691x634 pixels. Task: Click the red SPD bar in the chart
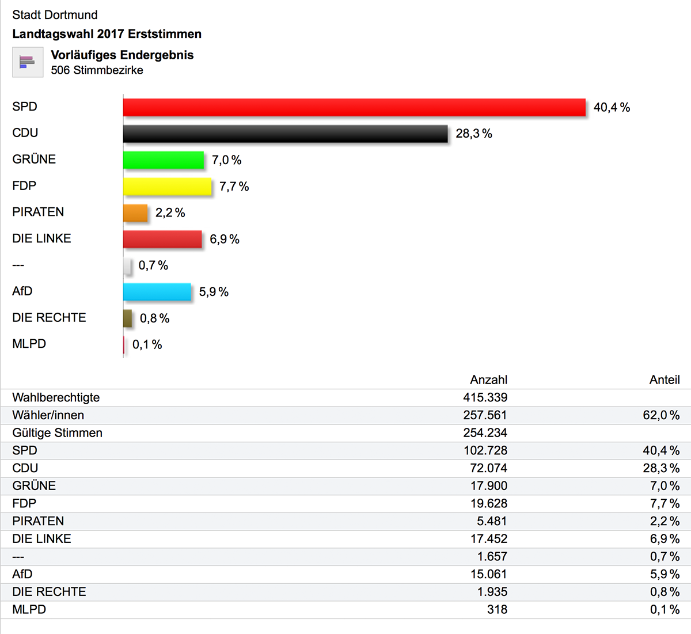click(354, 107)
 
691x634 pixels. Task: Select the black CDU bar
click(285, 134)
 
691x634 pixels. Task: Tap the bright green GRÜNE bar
click(164, 160)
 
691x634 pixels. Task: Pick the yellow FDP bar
click(167, 187)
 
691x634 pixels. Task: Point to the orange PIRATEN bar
click(135, 213)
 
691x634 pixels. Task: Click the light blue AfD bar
click(157, 292)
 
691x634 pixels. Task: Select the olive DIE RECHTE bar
click(127, 318)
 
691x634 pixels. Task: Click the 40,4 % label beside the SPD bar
click(612, 108)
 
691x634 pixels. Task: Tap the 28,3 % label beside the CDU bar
click(474, 134)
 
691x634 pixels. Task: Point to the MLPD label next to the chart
click(29, 344)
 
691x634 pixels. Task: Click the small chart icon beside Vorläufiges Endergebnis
click(28, 62)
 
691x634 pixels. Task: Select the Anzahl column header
click(488, 380)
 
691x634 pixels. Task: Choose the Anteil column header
click(665, 380)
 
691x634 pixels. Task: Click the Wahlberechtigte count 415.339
click(485, 397)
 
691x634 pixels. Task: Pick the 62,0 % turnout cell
click(661, 415)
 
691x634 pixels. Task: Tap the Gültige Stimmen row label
click(57, 433)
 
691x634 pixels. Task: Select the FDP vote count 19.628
click(488, 504)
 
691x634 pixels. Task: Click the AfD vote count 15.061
click(488, 574)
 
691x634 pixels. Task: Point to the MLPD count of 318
click(497, 609)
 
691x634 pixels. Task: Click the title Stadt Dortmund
click(55, 15)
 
